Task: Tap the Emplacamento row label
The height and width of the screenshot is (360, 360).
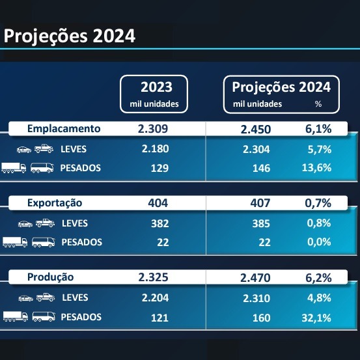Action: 64,128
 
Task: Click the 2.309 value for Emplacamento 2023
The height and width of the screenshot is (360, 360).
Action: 153,128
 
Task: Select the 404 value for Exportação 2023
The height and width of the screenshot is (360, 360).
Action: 158,203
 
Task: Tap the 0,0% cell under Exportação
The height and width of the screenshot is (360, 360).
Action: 318,242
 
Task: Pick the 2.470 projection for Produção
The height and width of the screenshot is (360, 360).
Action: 256,278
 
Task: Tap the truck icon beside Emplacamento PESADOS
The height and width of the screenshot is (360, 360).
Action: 14,168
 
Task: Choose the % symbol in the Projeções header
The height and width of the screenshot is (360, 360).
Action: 318,104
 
